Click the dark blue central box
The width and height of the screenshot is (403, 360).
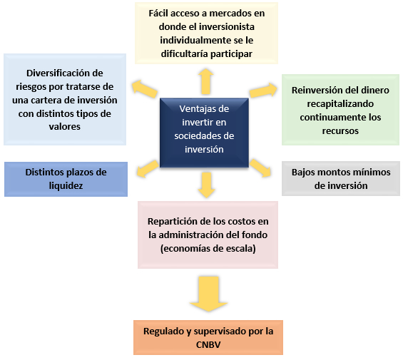204,133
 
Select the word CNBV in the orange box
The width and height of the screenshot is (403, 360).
208,344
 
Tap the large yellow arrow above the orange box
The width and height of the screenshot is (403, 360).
208,294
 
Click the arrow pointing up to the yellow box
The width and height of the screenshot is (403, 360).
206,81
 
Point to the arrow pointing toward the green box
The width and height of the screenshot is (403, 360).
263,91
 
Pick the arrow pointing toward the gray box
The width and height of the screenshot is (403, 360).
260,168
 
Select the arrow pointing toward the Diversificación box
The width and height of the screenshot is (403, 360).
145,89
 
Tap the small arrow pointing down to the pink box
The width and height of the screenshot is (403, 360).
206,185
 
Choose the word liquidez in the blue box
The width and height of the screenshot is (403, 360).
66,185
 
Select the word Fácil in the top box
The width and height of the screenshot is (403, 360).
156,13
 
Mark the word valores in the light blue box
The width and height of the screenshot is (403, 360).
65,127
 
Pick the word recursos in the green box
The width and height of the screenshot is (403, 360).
340,131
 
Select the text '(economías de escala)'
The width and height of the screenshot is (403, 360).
208,249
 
